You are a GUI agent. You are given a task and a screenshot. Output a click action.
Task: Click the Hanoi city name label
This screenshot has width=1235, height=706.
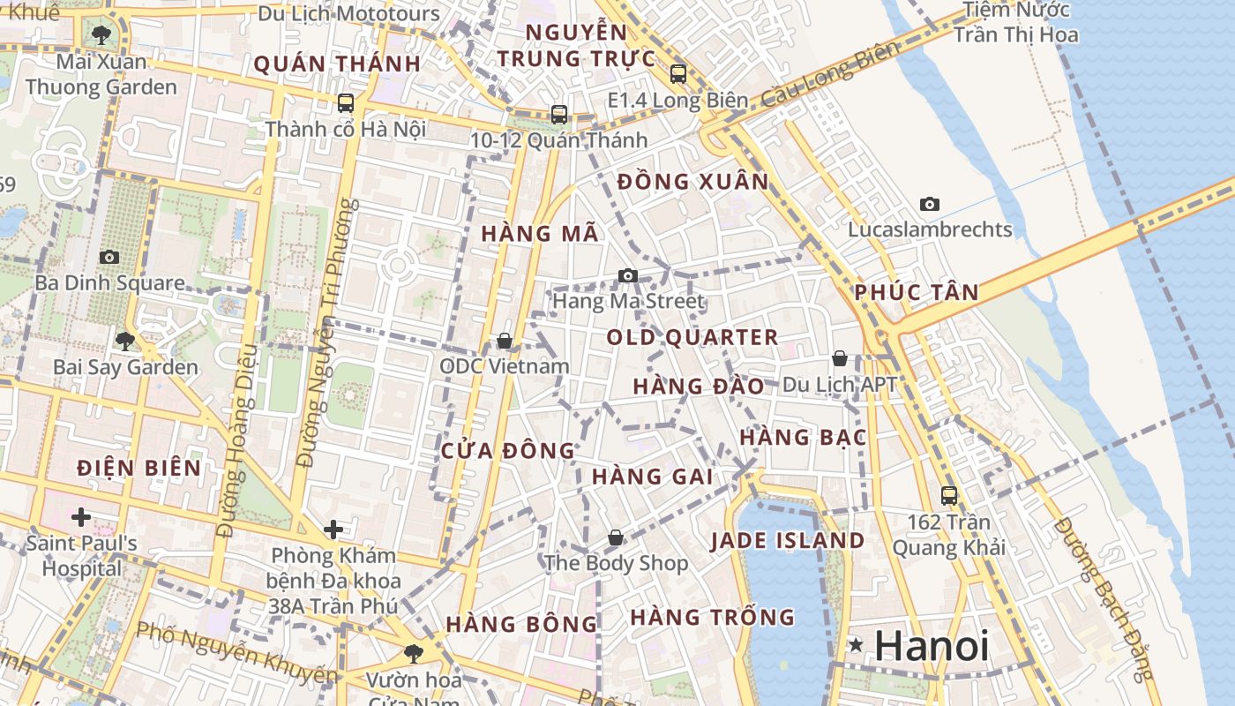tap(932, 645)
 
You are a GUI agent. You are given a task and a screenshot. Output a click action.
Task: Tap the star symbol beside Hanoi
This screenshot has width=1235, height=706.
tap(855, 645)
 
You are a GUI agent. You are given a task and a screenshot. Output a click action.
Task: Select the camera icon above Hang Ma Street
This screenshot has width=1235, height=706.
tap(628, 275)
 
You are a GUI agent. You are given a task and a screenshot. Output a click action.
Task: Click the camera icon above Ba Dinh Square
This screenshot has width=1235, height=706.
tap(109, 257)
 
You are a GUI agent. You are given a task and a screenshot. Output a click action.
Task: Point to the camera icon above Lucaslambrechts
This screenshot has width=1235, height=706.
tap(930, 204)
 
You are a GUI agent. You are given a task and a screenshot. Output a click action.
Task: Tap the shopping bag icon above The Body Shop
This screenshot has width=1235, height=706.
tap(616, 537)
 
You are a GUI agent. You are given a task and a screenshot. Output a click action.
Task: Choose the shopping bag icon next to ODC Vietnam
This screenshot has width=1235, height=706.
tap(505, 340)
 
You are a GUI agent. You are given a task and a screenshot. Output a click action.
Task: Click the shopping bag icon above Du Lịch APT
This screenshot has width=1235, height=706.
tap(840, 358)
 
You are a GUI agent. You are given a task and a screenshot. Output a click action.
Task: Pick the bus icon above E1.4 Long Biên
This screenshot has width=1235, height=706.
tap(677, 73)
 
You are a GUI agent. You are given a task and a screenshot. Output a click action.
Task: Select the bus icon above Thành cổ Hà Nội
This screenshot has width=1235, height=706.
tap(346, 102)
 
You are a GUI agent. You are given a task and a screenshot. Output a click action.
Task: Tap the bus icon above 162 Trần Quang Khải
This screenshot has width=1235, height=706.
tap(949, 495)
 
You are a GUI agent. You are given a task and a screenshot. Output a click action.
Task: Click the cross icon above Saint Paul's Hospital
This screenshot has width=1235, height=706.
tap(81, 516)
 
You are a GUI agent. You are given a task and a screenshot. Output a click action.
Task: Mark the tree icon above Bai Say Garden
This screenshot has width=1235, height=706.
tap(125, 340)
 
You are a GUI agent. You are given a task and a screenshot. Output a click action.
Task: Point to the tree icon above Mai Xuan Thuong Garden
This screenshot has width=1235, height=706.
tap(101, 35)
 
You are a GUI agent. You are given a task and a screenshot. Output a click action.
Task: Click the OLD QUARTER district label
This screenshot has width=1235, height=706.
tap(692, 337)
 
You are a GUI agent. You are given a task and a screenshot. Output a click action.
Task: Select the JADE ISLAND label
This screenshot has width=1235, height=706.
tap(788, 540)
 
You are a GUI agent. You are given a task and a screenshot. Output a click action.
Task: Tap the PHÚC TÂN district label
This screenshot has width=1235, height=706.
tap(917, 292)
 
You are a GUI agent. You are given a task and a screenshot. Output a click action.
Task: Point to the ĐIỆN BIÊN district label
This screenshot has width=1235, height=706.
tap(139, 468)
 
